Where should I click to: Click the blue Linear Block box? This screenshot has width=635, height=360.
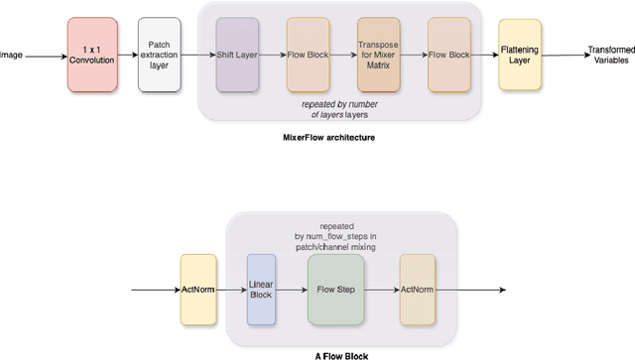(261, 291)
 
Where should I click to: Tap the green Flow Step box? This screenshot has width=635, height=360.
(336, 291)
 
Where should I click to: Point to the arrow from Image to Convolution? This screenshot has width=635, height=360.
(45, 55)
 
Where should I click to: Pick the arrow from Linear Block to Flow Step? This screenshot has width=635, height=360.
(292, 291)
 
